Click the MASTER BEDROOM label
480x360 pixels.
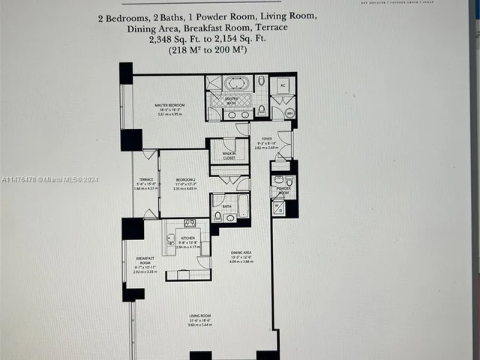point(171,106)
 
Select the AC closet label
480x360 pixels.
point(282,85)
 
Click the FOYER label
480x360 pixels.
point(266,139)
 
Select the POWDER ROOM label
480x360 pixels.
point(283,189)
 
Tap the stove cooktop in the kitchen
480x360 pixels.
point(190,223)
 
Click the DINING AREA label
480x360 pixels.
point(241,252)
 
